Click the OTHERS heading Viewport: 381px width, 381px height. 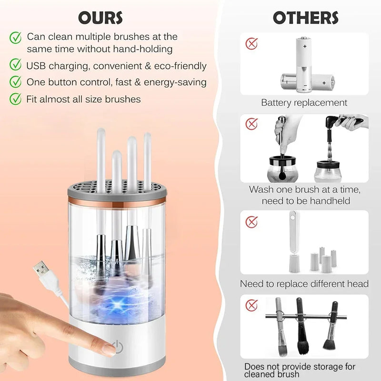pyautogui.click(x=305, y=18)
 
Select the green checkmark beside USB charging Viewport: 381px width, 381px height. pyautogui.click(x=16, y=65)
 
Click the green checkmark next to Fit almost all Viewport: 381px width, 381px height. pyautogui.click(x=16, y=99)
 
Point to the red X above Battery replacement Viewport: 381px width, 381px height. pyautogui.click(x=251, y=44)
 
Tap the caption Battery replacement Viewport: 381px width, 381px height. pyautogui.click(x=304, y=102)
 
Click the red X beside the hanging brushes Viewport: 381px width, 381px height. pyautogui.click(x=251, y=305)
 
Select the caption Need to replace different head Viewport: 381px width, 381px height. pyautogui.click(x=304, y=284)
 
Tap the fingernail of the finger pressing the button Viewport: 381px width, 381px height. pyautogui.click(x=109, y=350)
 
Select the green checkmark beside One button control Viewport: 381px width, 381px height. pyautogui.click(x=16, y=82)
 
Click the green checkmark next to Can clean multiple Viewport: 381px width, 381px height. pyautogui.click(x=16, y=37)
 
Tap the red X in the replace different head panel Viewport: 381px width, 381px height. pyautogui.click(x=251, y=221)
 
